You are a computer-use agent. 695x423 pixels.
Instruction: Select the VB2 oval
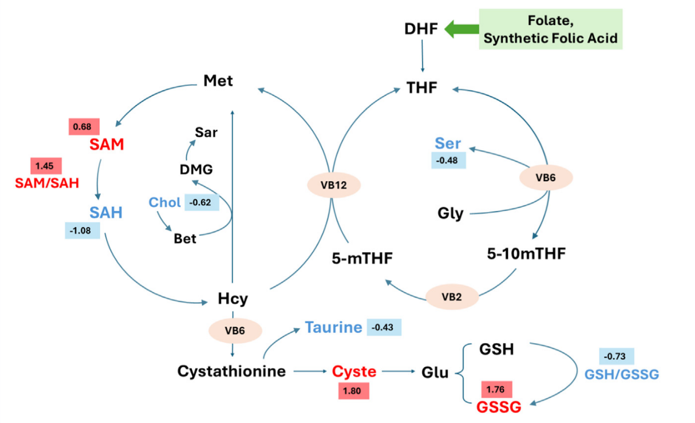(x=452, y=298)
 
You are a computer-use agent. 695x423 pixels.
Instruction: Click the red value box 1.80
(x=354, y=391)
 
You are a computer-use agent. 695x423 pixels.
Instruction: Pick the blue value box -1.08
(x=82, y=230)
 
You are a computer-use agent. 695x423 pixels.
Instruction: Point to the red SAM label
(x=106, y=145)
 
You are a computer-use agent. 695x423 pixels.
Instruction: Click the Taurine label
(x=334, y=327)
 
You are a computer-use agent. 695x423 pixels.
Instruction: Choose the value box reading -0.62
(x=202, y=202)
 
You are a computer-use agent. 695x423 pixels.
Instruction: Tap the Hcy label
(x=233, y=299)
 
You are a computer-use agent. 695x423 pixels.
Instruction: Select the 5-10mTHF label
(x=526, y=254)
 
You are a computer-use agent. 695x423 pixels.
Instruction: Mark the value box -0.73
(x=617, y=356)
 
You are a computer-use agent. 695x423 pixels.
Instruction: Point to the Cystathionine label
(x=231, y=372)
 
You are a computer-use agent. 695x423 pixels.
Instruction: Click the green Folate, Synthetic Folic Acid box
(x=550, y=30)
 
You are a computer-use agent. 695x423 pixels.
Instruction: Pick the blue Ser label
(x=448, y=144)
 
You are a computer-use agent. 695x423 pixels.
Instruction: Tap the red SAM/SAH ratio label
(x=47, y=183)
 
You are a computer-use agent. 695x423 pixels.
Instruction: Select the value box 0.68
(x=83, y=126)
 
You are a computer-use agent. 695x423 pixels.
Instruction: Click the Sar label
(x=206, y=132)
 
